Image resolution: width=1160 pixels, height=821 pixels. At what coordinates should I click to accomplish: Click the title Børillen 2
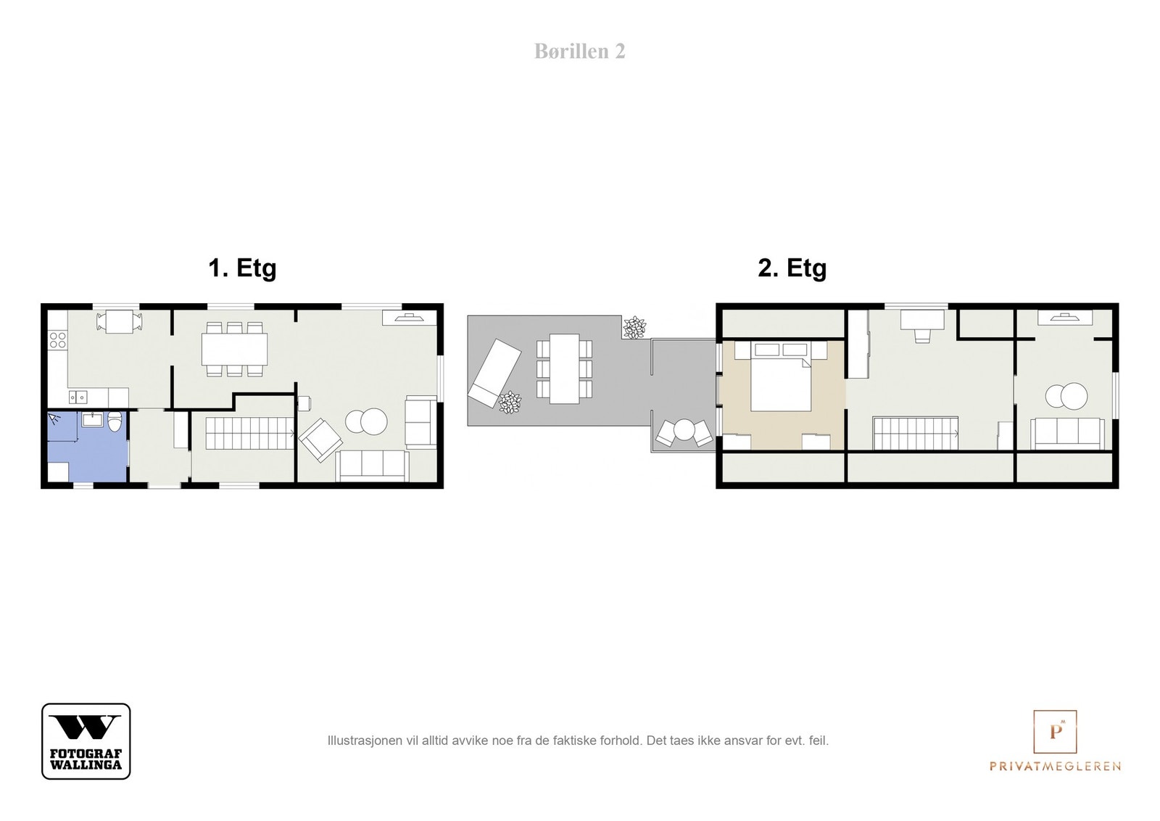579,51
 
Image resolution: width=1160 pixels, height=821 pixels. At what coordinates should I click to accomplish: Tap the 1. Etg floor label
242,268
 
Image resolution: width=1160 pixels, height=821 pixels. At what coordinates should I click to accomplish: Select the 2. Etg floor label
792,268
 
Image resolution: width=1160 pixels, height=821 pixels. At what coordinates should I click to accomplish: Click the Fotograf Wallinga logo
86,740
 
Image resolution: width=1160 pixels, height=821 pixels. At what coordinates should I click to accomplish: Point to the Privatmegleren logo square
1055,731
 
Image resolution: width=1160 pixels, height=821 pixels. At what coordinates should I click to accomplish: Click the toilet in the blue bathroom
115,421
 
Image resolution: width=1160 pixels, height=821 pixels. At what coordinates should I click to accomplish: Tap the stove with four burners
57,340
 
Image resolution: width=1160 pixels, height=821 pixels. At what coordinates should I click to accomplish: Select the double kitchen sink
78,397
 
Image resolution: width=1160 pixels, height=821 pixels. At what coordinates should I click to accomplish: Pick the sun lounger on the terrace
494,374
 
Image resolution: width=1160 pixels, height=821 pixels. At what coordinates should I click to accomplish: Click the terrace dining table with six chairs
565,368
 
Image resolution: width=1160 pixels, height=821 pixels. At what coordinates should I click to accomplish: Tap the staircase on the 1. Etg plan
249,432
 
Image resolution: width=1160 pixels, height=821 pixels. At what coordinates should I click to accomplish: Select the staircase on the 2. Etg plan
916,433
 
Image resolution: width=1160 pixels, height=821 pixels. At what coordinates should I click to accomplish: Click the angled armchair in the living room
320,440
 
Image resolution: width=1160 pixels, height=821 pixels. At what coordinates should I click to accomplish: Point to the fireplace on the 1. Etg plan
409,318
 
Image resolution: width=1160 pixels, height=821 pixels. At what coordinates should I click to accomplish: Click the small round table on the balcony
684,429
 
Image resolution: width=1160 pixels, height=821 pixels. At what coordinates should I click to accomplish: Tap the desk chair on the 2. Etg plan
921,336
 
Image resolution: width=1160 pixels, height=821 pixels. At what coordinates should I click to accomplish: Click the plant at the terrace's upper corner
634,327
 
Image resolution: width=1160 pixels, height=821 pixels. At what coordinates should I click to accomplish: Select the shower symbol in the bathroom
54,418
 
